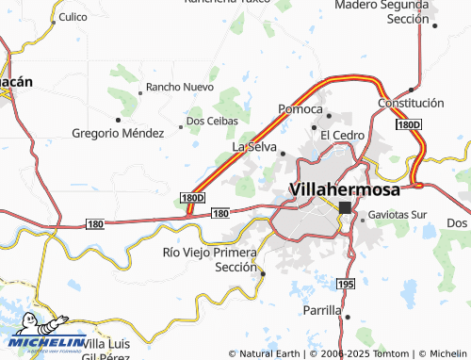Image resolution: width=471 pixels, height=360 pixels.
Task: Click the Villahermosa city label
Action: (344, 188)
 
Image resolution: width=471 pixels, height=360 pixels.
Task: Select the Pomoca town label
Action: (300, 109)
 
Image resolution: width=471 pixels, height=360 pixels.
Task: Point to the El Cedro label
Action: (342, 135)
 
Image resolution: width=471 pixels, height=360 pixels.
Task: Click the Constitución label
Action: (410, 102)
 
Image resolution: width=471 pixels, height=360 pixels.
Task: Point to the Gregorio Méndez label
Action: (118, 133)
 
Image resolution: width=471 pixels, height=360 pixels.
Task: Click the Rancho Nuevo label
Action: (181, 88)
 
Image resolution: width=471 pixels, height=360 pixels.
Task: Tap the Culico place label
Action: (73, 17)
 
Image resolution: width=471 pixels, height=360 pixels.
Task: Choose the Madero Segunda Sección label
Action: (382, 11)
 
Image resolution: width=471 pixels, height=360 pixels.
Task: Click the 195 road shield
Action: (346, 284)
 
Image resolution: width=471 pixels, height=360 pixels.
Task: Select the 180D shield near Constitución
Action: (408, 124)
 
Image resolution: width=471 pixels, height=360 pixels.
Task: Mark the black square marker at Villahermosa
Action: (345, 207)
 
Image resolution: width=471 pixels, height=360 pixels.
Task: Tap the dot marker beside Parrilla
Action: (347, 318)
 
